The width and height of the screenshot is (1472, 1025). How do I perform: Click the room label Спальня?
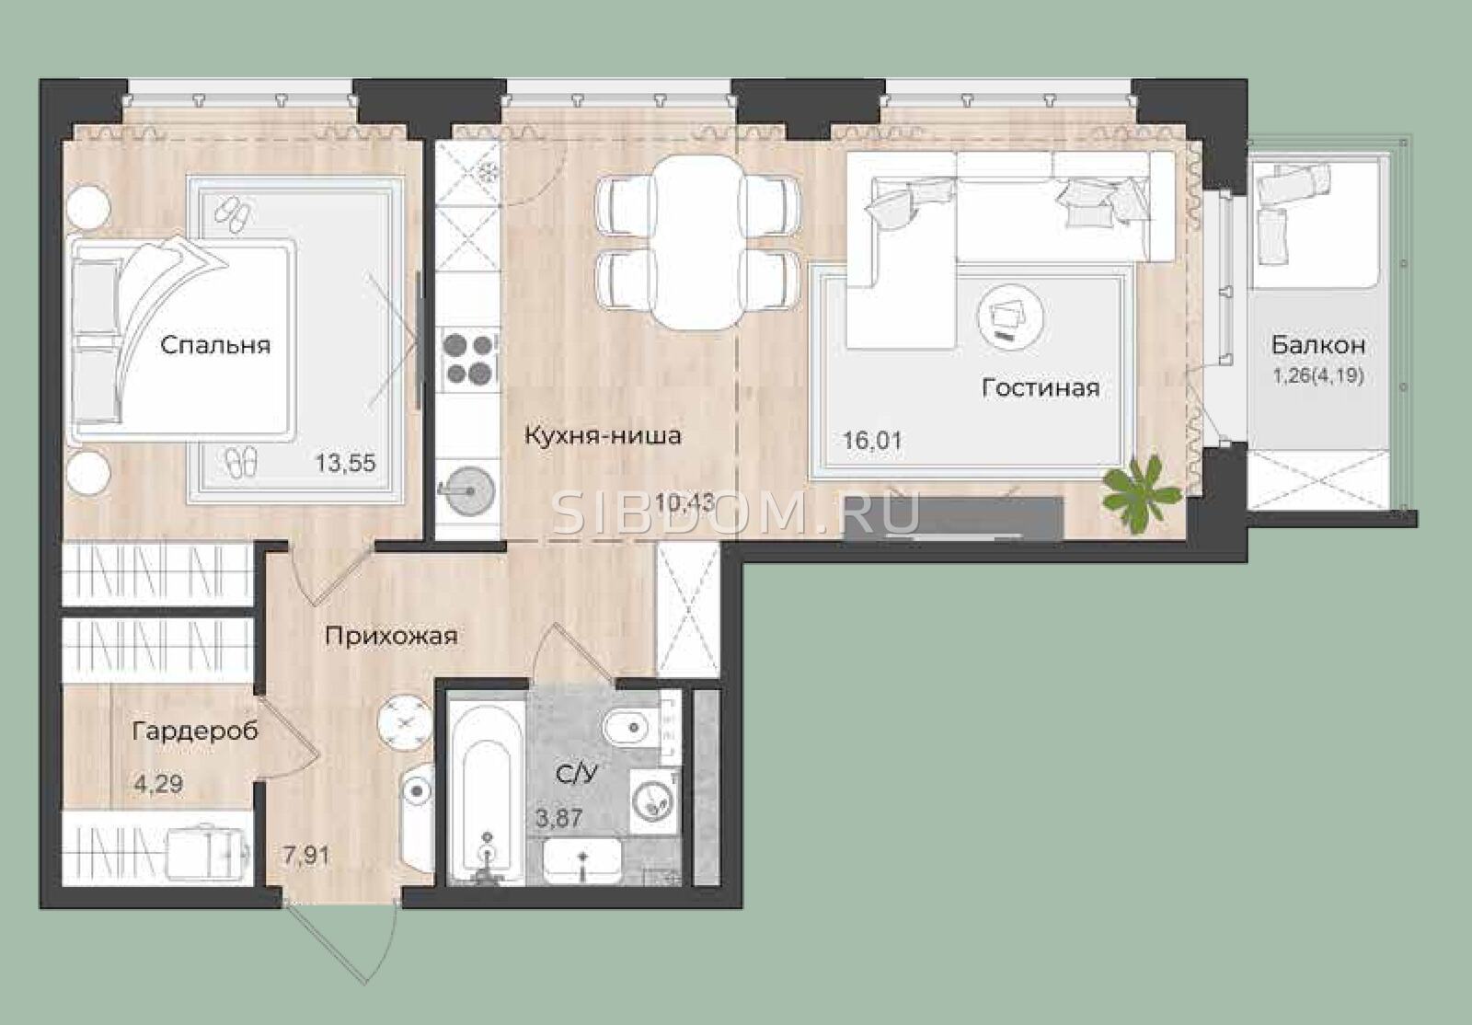tap(215, 346)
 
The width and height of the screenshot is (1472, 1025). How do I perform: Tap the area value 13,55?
tap(346, 463)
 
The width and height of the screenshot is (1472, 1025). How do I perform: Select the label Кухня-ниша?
tap(603, 435)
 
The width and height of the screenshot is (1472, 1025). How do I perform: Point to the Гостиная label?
tap(1041, 387)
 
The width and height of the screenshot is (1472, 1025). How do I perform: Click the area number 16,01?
tap(872, 440)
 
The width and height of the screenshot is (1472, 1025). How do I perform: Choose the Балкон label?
tap(1318, 345)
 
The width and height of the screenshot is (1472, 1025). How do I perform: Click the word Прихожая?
tap(392, 636)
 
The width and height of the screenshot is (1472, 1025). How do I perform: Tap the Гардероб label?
tap(195, 731)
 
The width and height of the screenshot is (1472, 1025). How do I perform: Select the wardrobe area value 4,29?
tap(158, 784)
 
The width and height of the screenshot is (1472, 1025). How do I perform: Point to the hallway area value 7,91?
tap(306, 856)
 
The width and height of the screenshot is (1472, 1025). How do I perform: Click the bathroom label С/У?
tap(577, 776)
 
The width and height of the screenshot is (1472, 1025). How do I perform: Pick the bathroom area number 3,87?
tap(559, 819)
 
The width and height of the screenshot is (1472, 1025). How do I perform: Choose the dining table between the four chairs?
tap(699, 242)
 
